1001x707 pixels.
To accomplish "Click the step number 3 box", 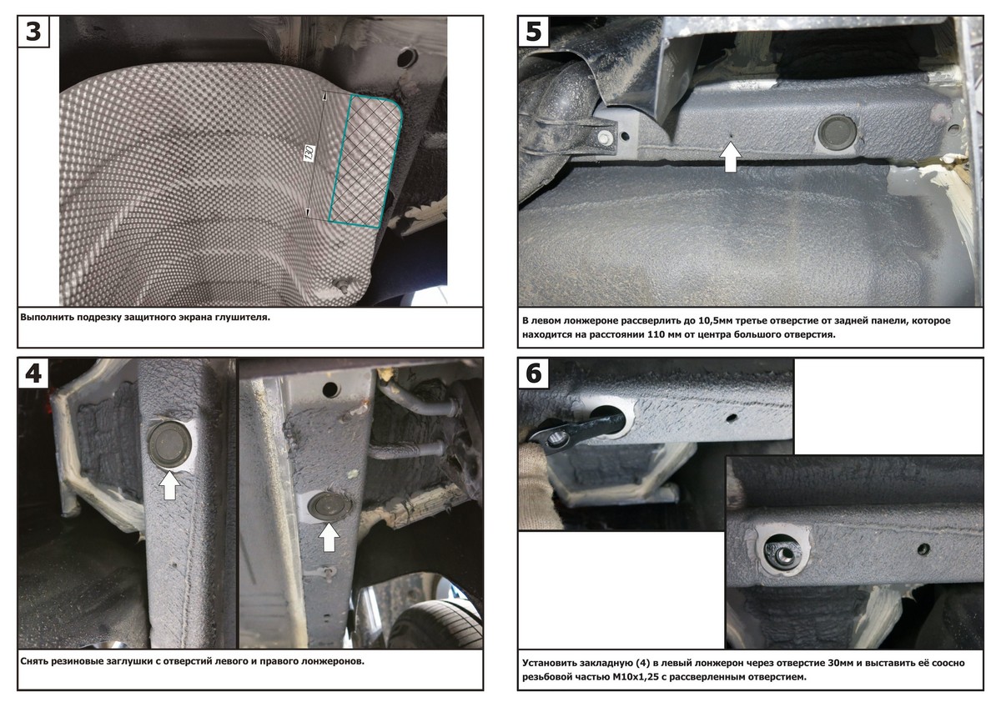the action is click(33, 31).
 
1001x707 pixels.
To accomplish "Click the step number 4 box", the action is click(33, 373).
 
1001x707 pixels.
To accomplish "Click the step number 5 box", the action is click(534, 31).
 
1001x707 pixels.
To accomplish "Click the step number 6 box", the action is click(534, 373).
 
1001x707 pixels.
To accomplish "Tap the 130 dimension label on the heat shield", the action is click(309, 153).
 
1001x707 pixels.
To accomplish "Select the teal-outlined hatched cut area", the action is click(366, 161).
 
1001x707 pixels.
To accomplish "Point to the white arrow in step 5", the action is click(731, 157).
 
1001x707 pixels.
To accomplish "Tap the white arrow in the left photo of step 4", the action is click(169, 485).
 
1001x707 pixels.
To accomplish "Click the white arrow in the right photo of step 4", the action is click(329, 537).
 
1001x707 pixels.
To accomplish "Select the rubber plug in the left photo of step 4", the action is click(170, 444).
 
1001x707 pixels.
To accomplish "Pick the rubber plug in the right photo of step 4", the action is click(329, 506).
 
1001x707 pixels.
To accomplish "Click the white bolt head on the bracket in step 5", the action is click(605, 138).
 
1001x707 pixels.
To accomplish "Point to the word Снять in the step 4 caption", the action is click(34, 661).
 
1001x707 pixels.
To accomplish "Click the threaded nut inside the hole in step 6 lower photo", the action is click(783, 555).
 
